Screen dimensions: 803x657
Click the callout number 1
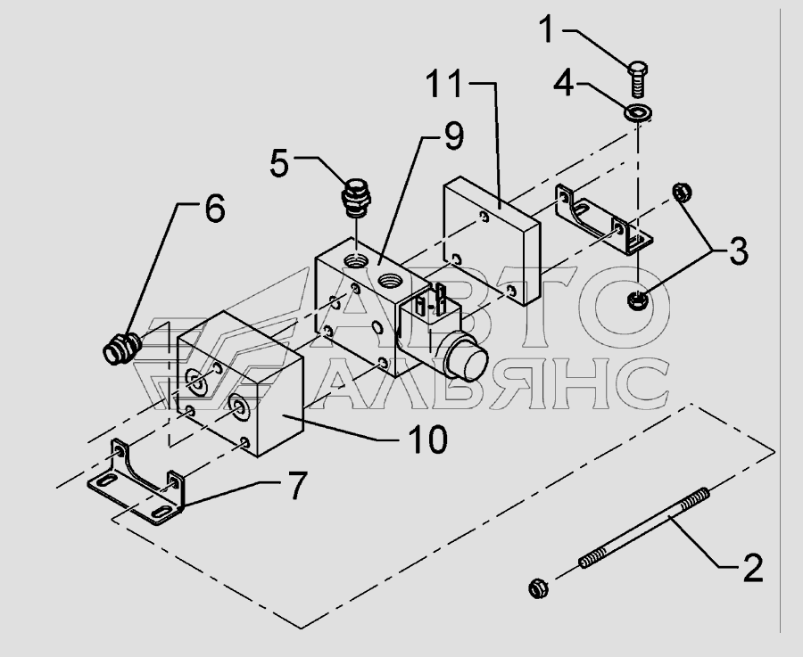tap(547, 29)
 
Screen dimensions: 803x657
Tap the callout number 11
tap(443, 84)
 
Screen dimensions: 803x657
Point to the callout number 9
tap(454, 136)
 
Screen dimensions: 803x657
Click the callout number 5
tap(279, 164)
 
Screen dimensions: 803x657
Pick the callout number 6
tap(214, 208)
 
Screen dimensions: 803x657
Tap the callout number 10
tap(427, 439)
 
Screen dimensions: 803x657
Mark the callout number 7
tap(297, 486)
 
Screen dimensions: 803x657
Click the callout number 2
tap(752, 567)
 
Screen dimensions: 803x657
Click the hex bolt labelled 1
tap(637, 78)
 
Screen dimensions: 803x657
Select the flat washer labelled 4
tap(638, 112)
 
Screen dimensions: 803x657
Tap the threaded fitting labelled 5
tap(355, 198)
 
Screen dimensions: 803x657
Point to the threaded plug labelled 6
tap(122, 348)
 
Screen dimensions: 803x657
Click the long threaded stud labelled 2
tap(644, 528)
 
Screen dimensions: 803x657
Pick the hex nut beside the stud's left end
tap(538, 587)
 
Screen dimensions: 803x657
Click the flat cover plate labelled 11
tap(492, 241)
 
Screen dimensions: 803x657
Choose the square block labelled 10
tap(241, 383)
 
